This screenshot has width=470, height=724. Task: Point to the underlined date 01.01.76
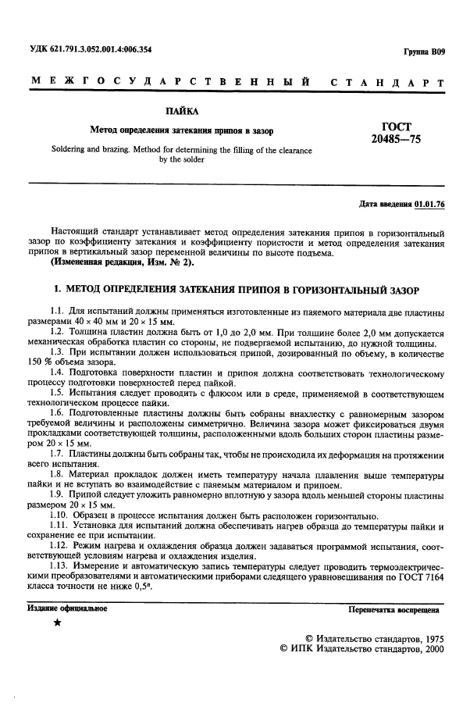tap(429, 203)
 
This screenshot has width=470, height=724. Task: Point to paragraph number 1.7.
tap(58, 453)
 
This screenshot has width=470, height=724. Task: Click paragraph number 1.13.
tap(60, 565)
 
